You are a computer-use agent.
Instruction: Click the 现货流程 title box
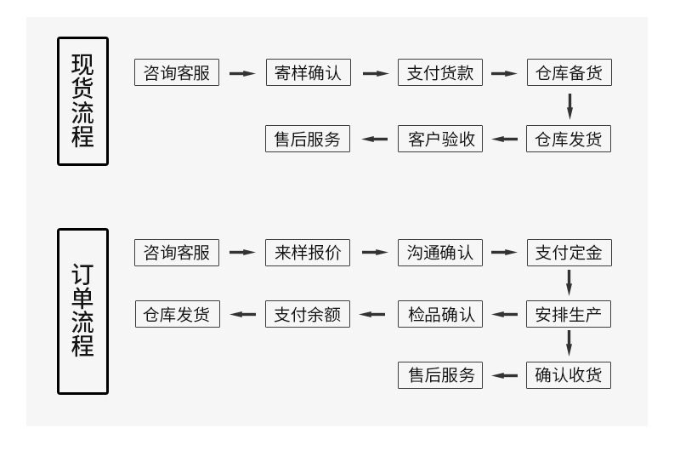(82, 100)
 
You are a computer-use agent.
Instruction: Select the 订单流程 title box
(82, 311)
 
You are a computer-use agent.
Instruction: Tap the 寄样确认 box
(308, 72)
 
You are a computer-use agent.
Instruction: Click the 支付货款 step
(439, 72)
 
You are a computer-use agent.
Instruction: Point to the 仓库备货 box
(569, 72)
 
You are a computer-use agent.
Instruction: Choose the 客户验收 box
(439, 139)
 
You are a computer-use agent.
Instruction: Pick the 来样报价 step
(307, 253)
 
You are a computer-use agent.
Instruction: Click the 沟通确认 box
(439, 253)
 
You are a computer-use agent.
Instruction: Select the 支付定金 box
(569, 253)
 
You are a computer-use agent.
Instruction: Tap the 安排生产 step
(569, 314)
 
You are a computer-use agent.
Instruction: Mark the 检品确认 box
(439, 314)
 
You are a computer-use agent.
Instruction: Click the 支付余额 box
(307, 314)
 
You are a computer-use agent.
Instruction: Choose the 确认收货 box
(569, 375)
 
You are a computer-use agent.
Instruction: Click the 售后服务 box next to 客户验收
(307, 139)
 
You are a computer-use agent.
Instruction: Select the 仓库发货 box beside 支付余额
(177, 314)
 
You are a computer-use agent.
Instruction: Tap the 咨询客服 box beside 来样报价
(176, 253)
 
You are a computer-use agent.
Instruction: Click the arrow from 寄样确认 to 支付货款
(375, 73)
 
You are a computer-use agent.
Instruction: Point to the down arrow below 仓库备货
(569, 106)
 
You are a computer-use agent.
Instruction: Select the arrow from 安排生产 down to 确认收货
(569, 343)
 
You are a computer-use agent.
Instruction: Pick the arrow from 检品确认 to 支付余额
(372, 314)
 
